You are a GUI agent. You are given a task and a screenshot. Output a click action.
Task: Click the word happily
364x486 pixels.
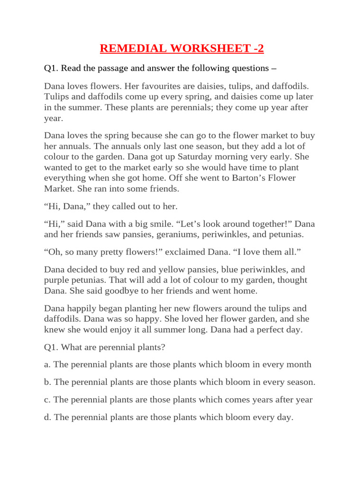pos(85,308)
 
